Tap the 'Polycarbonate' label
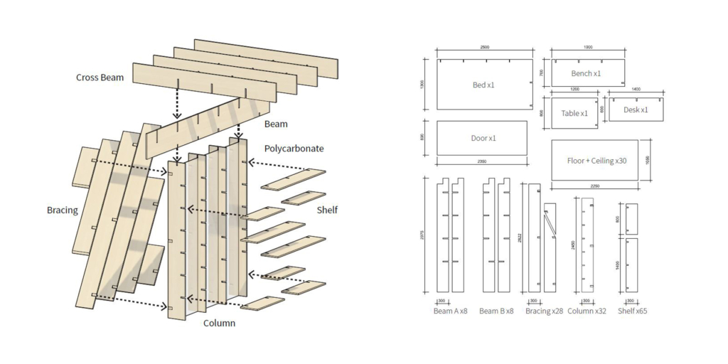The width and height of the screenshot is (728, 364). pyautogui.click(x=294, y=149)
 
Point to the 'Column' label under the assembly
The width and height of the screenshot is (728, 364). pyautogui.click(x=220, y=323)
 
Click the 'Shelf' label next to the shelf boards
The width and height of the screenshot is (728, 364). pyautogui.click(x=327, y=210)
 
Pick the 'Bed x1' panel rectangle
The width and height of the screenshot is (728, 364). pyautogui.click(x=484, y=85)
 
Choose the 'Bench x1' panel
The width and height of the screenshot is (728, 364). pyautogui.click(x=587, y=73)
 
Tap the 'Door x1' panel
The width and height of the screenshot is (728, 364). pyautogui.click(x=482, y=138)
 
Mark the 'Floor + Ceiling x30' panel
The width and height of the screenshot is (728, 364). pyautogui.click(x=594, y=161)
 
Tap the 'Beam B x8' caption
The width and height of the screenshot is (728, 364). pyautogui.click(x=496, y=311)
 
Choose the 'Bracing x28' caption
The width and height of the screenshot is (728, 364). pyautogui.click(x=544, y=311)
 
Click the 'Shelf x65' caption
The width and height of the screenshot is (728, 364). pyautogui.click(x=632, y=311)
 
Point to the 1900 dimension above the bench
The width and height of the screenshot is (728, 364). pyautogui.click(x=587, y=48)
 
